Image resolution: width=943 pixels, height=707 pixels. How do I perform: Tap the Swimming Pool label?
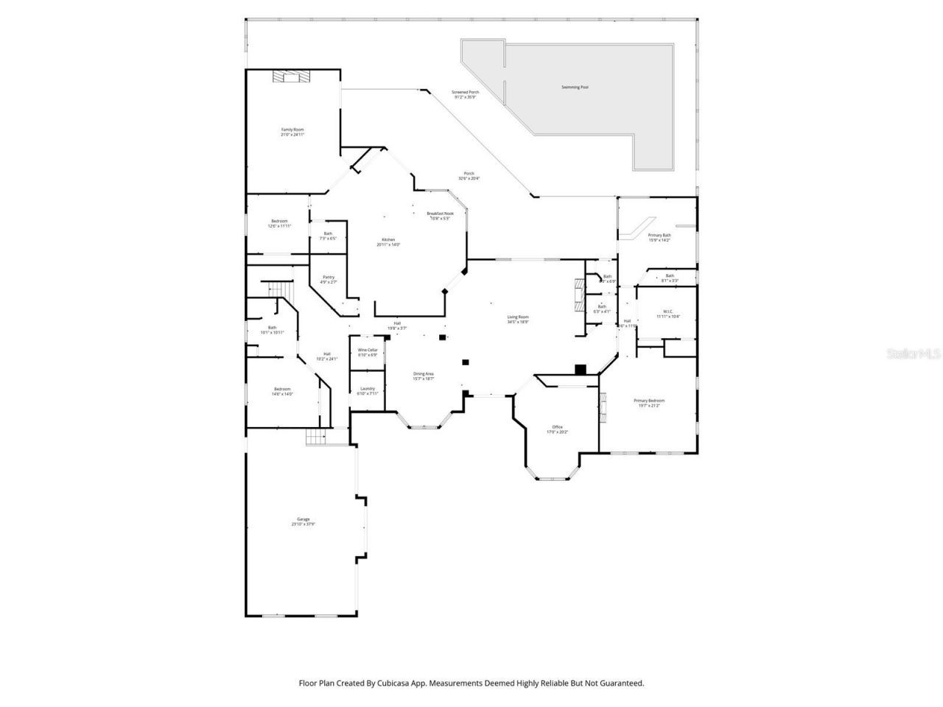pos(575,88)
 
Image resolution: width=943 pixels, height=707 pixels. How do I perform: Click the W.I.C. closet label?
pos(667,313)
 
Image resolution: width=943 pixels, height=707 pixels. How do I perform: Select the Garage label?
pos(303,521)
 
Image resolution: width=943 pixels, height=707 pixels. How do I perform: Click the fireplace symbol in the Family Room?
pos(291,76)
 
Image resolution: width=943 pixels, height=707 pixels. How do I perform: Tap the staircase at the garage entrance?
pos(316,437)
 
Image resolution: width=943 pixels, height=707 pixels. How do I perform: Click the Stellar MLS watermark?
pos(914,354)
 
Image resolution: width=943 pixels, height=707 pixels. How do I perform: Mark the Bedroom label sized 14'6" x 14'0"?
pos(282,391)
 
